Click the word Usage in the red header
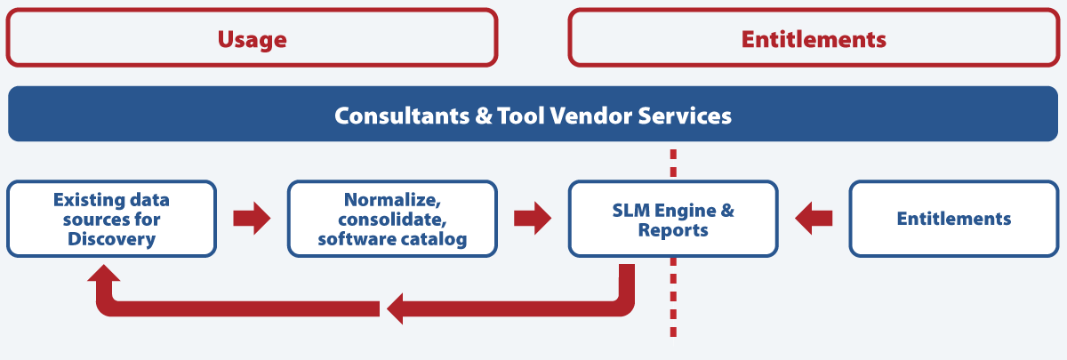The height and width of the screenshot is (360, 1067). (253, 39)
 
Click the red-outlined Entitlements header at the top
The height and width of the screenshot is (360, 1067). (814, 39)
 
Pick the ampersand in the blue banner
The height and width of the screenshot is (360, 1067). (477, 116)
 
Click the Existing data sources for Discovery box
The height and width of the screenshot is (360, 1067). (111, 219)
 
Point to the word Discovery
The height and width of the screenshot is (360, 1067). (111, 239)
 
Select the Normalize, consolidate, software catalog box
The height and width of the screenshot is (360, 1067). (392, 219)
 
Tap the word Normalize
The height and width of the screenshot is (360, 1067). (392, 199)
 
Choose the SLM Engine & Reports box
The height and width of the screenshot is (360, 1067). (673, 219)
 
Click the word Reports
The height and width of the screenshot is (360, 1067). (673, 230)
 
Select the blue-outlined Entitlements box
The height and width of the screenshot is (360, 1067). (953, 219)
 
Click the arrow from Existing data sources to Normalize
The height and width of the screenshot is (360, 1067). (252, 219)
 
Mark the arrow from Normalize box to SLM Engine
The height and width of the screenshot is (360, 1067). (533, 219)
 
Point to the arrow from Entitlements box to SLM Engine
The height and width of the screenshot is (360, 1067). (814, 219)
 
